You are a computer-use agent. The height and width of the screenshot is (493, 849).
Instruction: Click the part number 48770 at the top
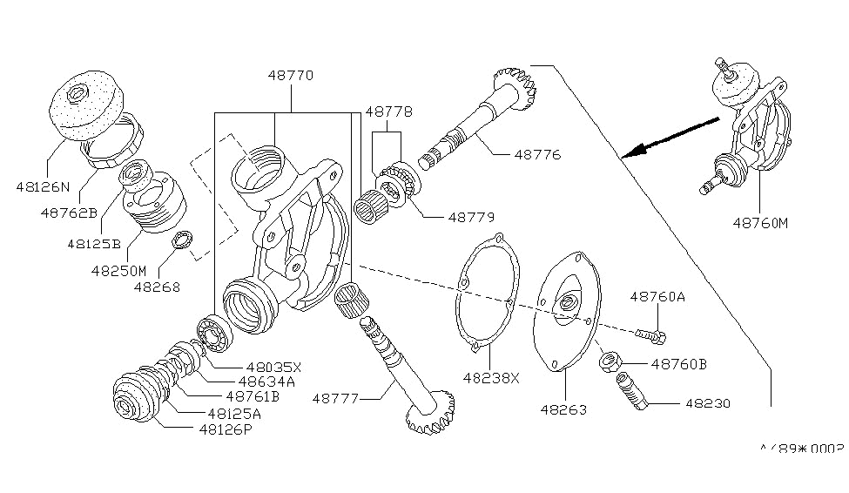click(291, 77)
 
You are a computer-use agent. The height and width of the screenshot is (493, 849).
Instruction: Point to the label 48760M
click(759, 222)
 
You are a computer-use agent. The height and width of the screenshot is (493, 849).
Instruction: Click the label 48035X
click(274, 368)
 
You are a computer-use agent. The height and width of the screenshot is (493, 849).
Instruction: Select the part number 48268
click(158, 286)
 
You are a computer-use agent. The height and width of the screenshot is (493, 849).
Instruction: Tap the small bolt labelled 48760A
click(652, 334)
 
